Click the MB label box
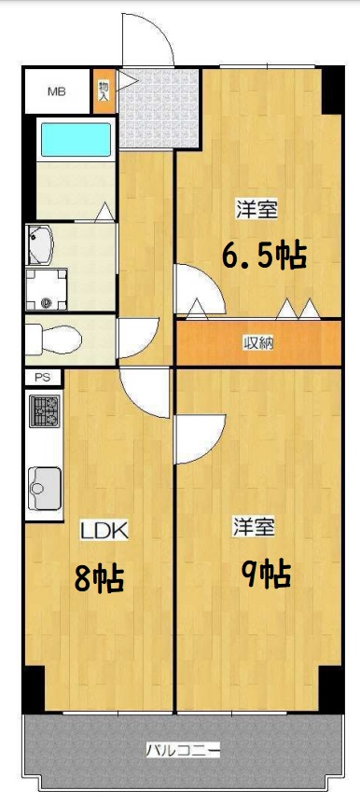(57, 91)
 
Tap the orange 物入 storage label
(104, 91)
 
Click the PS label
(43, 378)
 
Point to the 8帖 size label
(100, 579)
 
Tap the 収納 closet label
(259, 342)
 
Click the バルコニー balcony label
(183, 749)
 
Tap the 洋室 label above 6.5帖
(255, 210)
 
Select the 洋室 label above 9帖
(254, 527)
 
